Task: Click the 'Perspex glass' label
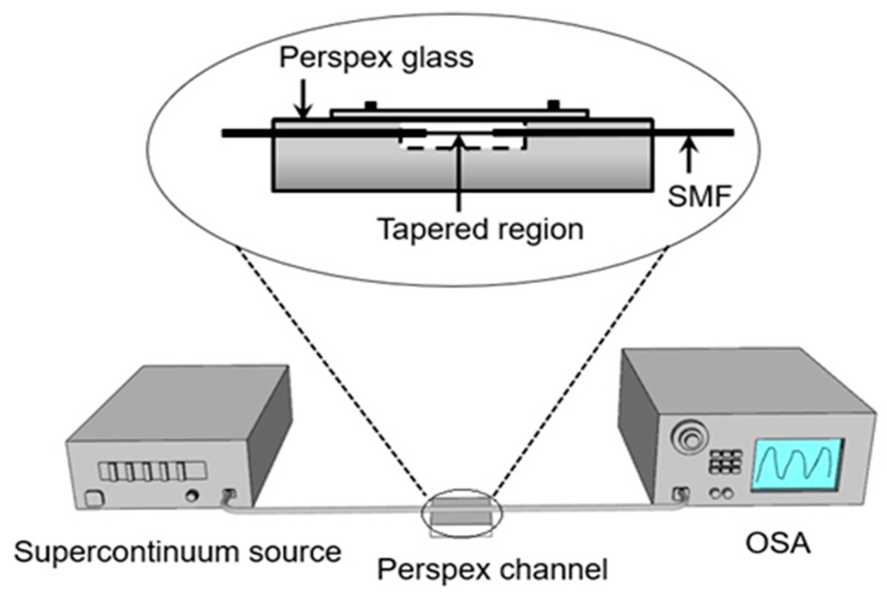coord(376,58)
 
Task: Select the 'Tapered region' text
coord(480,229)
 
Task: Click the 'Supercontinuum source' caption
coord(178,552)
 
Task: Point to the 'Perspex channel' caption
coord(492,569)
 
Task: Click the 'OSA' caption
coord(778,544)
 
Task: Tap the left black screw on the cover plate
coord(370,105)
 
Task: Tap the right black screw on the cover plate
coord(553,104)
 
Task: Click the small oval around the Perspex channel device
coord(461,513)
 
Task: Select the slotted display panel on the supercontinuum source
coord(152,471)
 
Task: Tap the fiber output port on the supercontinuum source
coord(229,495)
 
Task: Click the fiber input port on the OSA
coord(680,494)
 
